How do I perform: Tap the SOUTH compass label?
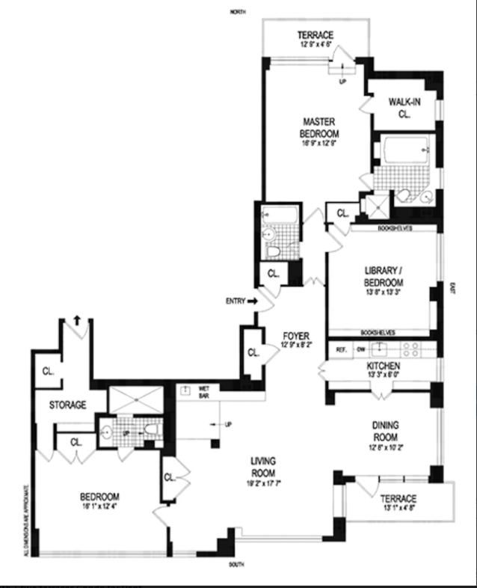[x=238, y=563]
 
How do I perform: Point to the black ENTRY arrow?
[x=252, y=301]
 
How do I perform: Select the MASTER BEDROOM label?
[x=318, y=127]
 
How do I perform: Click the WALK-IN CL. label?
[x=404, y=108]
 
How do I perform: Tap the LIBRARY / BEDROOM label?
[x=383, y=277]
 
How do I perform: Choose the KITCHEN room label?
[x=383, y=366]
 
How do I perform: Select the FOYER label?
[x=292, y=336]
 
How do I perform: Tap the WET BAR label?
[x=203, y=391]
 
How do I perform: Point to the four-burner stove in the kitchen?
[x=412, y=348]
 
